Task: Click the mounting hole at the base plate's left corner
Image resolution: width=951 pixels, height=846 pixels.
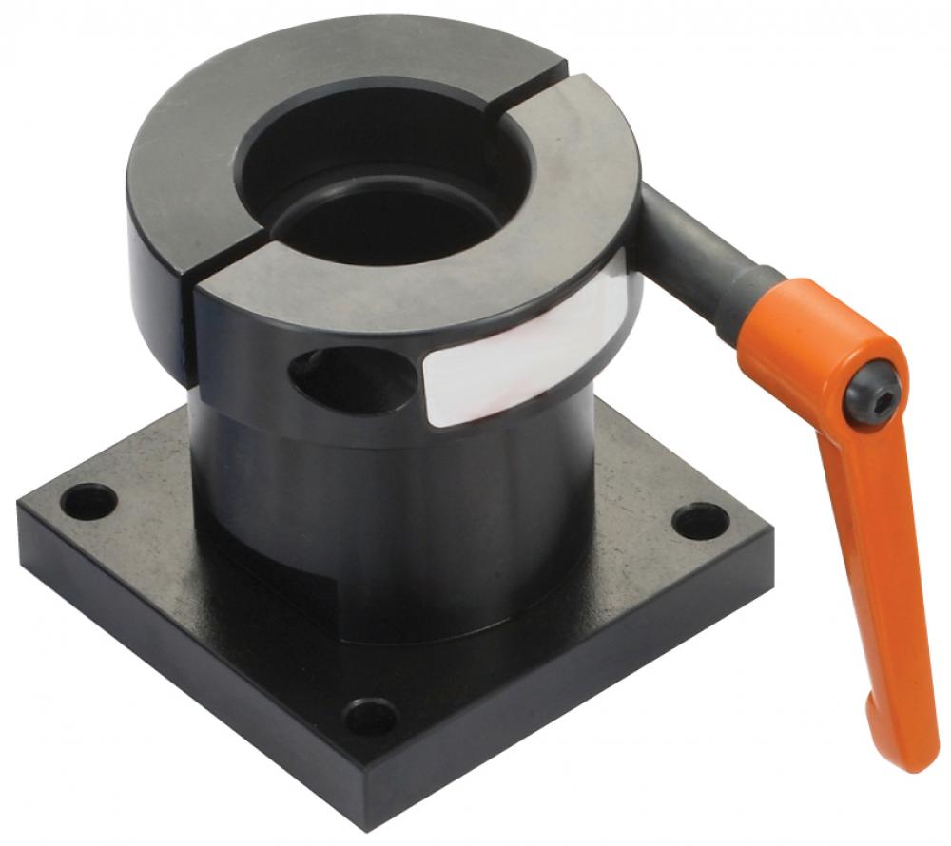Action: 88,500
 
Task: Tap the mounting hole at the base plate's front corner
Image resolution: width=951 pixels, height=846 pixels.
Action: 370,714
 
